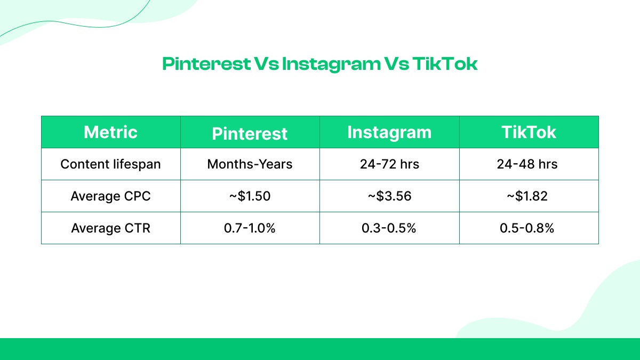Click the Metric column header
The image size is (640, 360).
(x=110, y=132)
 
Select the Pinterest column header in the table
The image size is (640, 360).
(x=250, y=133)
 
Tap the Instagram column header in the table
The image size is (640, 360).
(x=389, y=132)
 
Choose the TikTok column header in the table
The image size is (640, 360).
(x=529, y=132)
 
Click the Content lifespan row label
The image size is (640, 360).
(x=110, y=164)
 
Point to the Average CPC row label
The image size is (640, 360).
(x=110, y=196)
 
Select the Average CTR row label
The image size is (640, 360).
(x=110, y=228)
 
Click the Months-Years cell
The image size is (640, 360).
(x=250, y=164)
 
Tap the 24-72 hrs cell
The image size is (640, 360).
(x=389, y=164)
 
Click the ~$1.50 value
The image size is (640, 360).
(x=250, y=196)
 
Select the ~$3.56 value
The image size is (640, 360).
(x=389, y=196)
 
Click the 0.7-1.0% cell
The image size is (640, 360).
(x=250, y=228)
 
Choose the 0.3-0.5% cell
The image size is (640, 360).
(x=389, y=228)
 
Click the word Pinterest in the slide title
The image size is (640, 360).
(x=206, y=65)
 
